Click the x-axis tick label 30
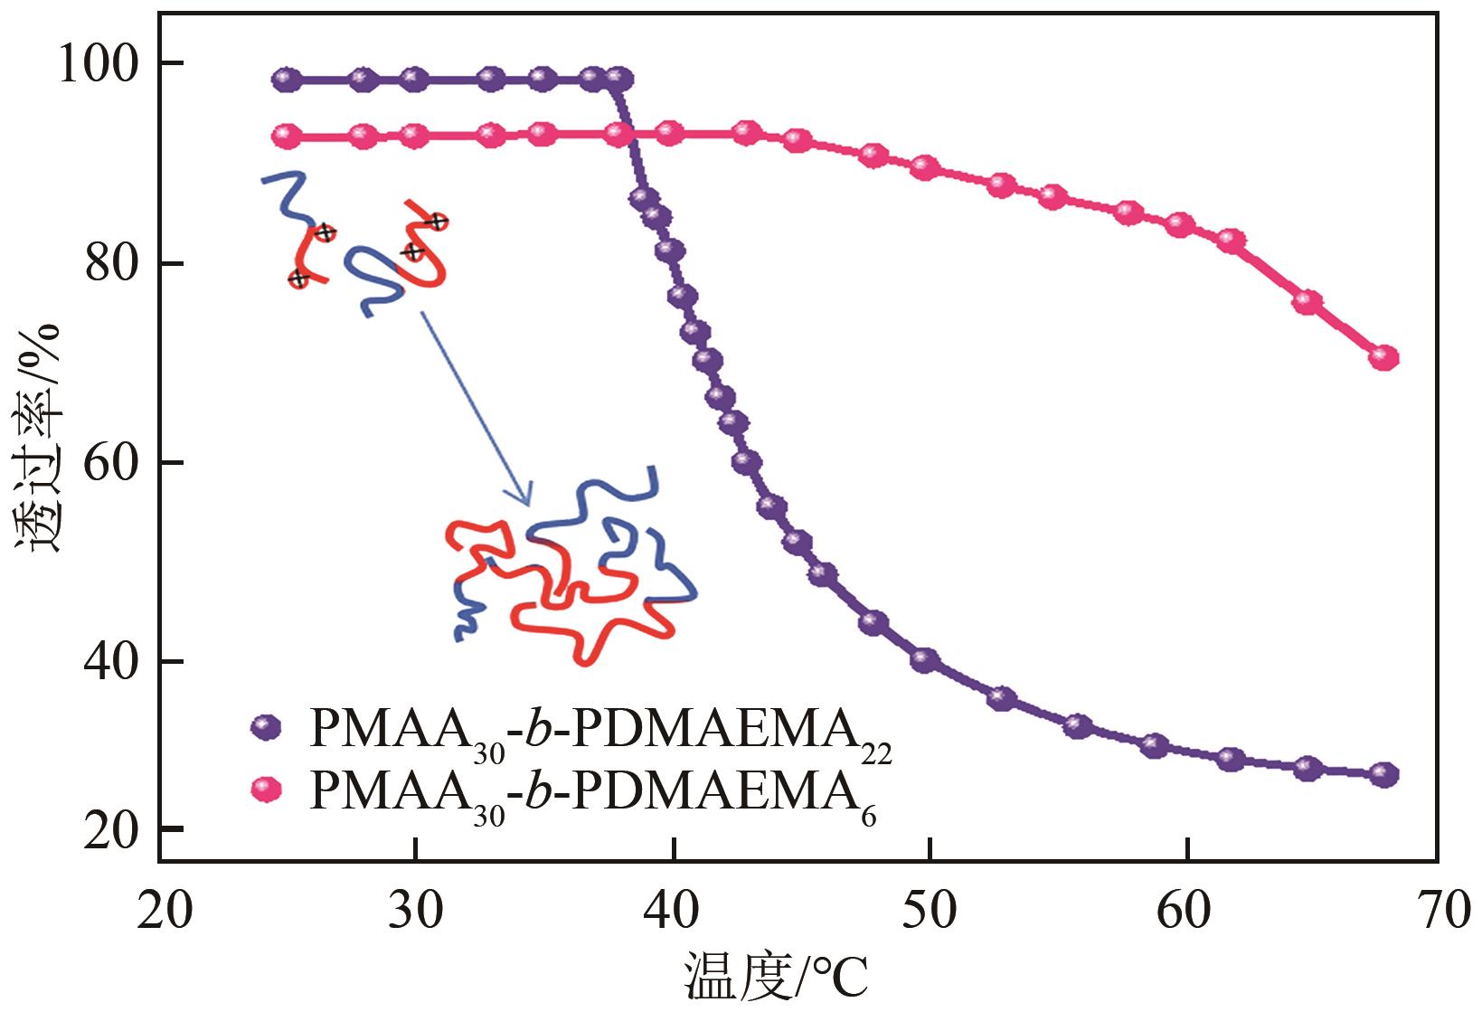pyautogui.click(x=415, y=911)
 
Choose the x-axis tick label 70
pyautogui.click(x=1441, y=911)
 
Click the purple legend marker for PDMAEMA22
pyautogui.click(x=267, y=726)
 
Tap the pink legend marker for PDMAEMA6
pyautogui.click(x=267, y=790)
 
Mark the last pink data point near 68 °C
pyautogui.click(x=1383, y=357)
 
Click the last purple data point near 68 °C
pyautogui.click(x=1383, y=774)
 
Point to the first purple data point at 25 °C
pyautogui.click(x=287, y=80)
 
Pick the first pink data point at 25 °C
pyautogui.click(x=287, y=137)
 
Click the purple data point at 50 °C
pyautogui.click(x=925, y=659)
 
